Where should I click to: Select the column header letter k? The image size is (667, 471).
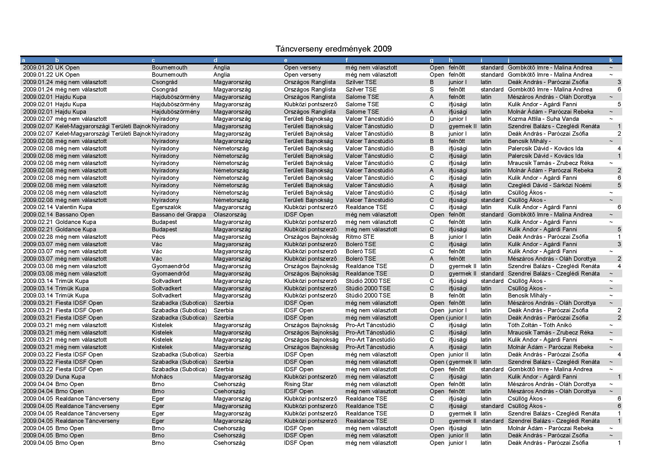[611, 60]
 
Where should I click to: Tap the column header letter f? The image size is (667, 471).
[346, 60]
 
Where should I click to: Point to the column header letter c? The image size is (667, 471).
[153, 60]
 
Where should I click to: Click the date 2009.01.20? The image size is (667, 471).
[38, 68]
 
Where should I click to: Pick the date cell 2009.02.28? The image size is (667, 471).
[38, 237]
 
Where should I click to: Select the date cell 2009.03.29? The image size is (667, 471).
[38, 377]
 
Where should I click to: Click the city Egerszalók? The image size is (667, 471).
[166, 207]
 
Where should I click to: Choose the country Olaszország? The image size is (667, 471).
[230, 215]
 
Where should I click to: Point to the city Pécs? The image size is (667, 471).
[158, 237]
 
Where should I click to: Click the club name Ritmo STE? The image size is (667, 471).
[360, 237]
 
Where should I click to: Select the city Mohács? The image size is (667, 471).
[162, 377]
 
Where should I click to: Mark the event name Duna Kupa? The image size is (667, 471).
[70, 377]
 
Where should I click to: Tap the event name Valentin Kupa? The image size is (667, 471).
[74, 207]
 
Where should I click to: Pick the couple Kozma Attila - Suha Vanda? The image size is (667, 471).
[543, 119]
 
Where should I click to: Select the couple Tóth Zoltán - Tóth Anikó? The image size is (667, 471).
[540, 325]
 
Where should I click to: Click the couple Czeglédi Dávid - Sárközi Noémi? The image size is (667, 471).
[549, 185]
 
